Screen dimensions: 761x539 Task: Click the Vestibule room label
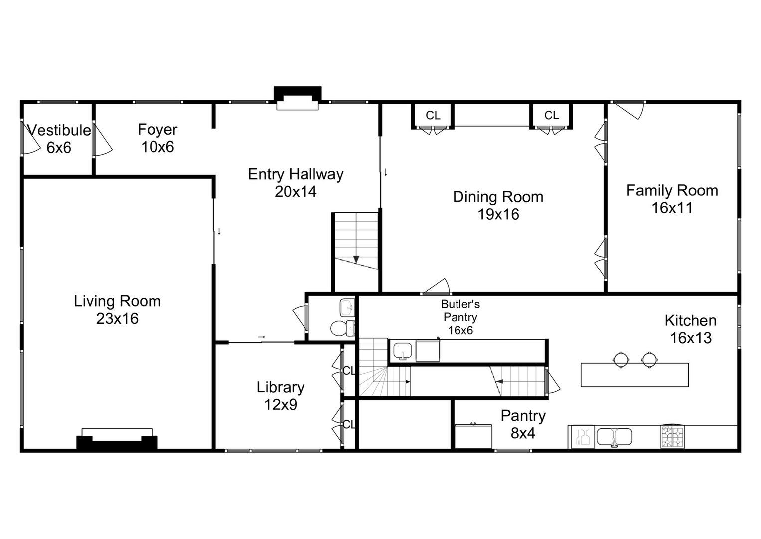click(x=59, y=130)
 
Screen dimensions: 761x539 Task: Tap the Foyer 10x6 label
click(x=157, y=138)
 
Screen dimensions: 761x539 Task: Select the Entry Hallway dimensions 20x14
click(x=296, y=192)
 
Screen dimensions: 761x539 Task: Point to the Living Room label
click(x=118, y=301)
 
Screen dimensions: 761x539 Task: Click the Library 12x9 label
click(x=281, y=396)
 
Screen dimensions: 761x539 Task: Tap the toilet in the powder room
click(x=342, y=328)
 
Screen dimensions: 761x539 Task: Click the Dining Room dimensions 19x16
click(x=498, y=214)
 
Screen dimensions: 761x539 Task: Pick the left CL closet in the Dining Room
click(x=433, y=116)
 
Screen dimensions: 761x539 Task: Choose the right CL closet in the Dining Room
click(x=551, y=116)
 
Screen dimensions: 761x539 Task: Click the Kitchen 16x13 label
click(x=691, y=329)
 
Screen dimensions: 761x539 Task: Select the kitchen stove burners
click(x=672, y=436)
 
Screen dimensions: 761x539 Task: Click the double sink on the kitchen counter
click(x=614, y=437)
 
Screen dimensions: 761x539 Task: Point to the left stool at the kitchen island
click(x=621, y=359)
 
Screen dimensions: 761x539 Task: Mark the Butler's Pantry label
click(x=460, y=317)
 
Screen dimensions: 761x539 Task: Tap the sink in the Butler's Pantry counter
click(x=403, y=350)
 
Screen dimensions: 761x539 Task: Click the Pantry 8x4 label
click(x=523, y=424)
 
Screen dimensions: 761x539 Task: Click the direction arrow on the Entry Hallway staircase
click(x=356, y=259)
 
